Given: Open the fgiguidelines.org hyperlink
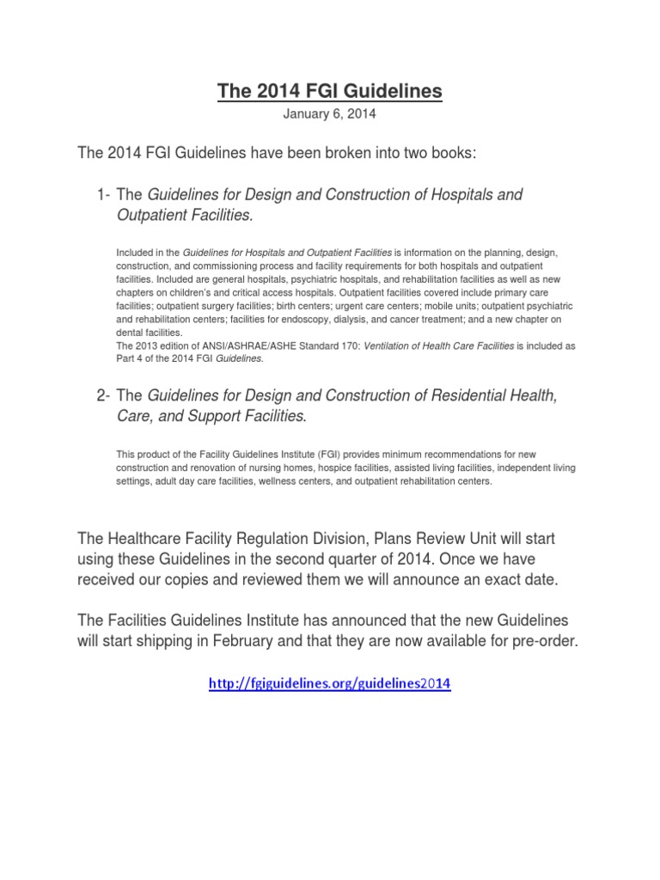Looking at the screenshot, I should [330, 684].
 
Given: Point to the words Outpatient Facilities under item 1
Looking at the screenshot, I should [184, 215].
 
